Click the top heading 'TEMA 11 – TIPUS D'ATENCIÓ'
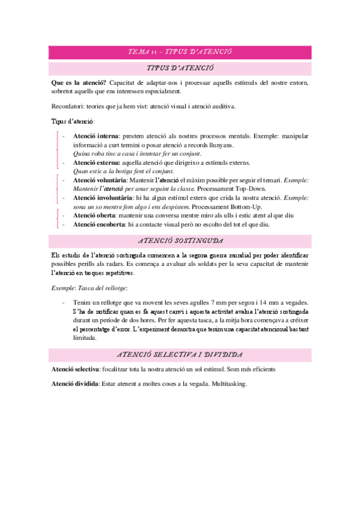[x=180, y=52]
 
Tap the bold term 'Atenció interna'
[x=95, y=137]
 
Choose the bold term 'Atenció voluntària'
[x=99, y=180]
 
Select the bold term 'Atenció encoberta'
[x=99, y=224]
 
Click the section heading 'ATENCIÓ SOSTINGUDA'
[x=180, y=242]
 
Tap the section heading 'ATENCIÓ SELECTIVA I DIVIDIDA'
[x=180, y=355]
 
